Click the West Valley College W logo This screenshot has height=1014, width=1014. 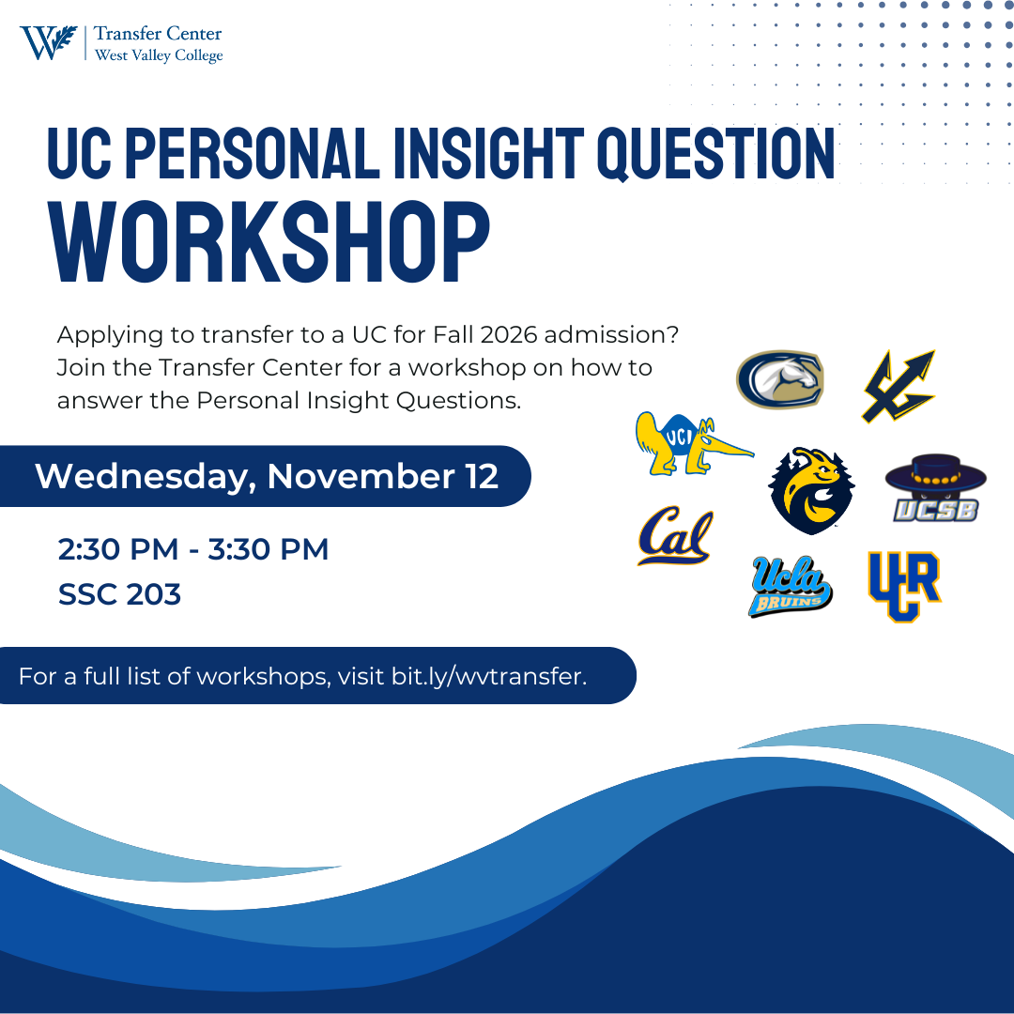[x=49, y=42]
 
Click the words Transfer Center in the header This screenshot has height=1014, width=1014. [x=158, y=34]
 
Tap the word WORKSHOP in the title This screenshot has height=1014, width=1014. [x=269, y=242]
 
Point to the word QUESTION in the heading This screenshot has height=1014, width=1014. [x=715, y=153]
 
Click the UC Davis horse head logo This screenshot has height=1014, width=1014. [x=780, y=379]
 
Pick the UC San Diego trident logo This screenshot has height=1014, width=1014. [x=899, y=386]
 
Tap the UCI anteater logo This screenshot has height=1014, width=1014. [x=694, y=443]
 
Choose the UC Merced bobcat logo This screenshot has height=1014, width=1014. [x=811, y=490]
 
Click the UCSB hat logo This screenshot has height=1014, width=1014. [x=936, y=488]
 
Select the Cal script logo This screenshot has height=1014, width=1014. [x=675, y=535]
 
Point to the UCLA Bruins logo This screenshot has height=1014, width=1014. [x=791, y=586]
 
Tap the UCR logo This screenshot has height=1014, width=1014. [x=904, y=586]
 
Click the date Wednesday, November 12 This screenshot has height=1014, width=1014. [x=267, y=477]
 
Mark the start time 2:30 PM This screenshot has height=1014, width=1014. [x=117, y=549]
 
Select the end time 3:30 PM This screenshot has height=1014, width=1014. [x=268, y=549]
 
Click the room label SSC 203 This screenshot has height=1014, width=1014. [x=119, y=594]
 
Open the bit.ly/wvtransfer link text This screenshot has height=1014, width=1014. [x=489, y=676]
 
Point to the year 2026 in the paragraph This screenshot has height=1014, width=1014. [x=509, y=335]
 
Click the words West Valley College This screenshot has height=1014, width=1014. [x=159, y=55]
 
